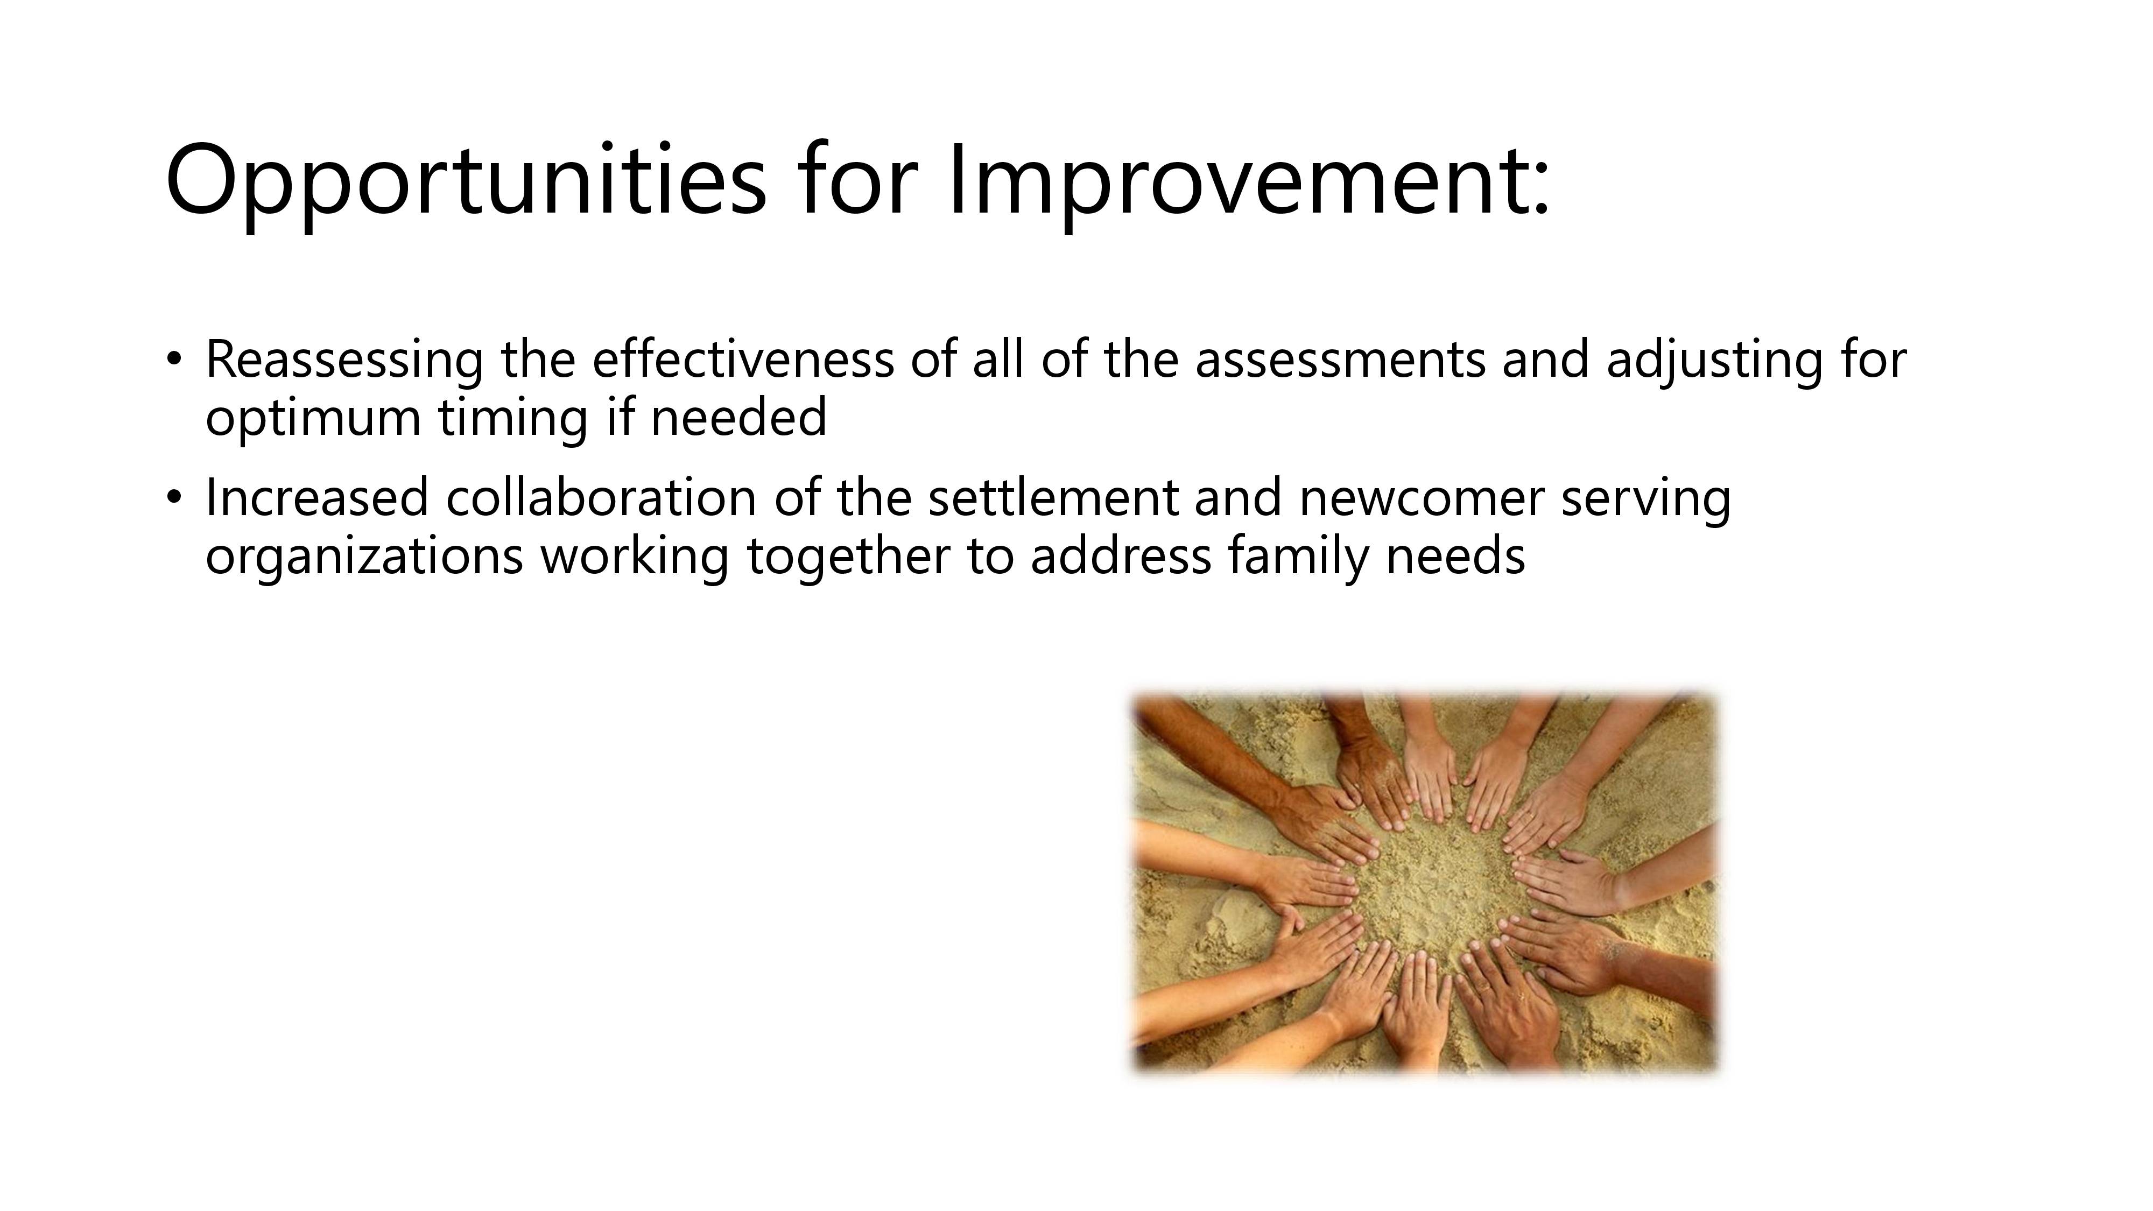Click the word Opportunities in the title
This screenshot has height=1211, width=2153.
(x=466, y=185)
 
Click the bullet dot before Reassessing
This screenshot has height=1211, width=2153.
(x=173, y=360)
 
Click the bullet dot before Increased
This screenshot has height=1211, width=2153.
(x=173, y=498)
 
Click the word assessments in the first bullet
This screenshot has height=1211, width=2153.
(x=1341, y=360)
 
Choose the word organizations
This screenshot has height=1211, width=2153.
(x=364, y=557)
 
